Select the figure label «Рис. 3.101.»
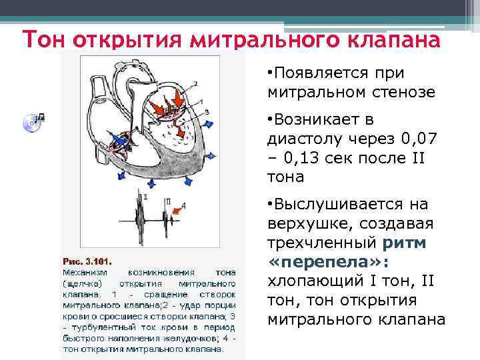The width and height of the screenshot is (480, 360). click(x=88, y=261)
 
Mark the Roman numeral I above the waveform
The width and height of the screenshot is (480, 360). click(x=143, y=198)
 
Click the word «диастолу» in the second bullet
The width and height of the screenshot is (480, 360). click(x=301, y=141)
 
